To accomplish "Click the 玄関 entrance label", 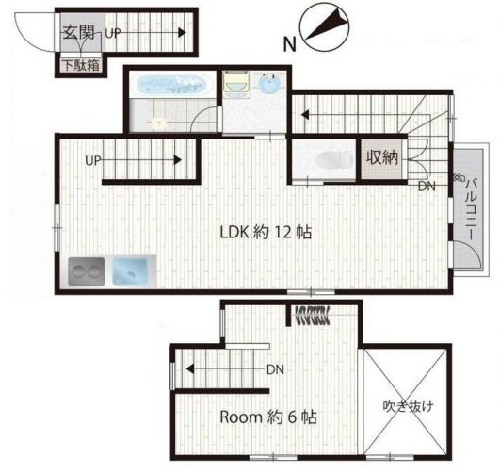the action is [78, 32].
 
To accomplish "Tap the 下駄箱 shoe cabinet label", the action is [81, 65].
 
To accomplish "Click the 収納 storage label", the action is [382, 157].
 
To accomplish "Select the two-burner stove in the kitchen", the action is [86, 271].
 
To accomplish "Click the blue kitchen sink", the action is [130, 271].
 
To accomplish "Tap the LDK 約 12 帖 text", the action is [266, 232].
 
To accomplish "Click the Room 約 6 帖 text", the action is [267, 417].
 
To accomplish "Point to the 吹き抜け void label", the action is [408, 406].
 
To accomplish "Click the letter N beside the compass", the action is [289, 44].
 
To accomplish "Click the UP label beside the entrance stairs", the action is [113, 33].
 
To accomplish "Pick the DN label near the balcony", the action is [427, 187].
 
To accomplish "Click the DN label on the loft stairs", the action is [275, 369].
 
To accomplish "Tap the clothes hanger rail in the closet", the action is [313, 315].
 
